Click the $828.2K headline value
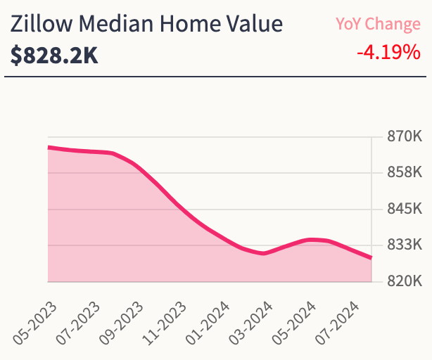54,56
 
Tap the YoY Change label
378,24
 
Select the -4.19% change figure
388,52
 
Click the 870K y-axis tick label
404,136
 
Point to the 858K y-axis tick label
404,173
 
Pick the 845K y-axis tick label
404,210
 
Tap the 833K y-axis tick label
404,245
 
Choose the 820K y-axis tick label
404,282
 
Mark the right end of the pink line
371,258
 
